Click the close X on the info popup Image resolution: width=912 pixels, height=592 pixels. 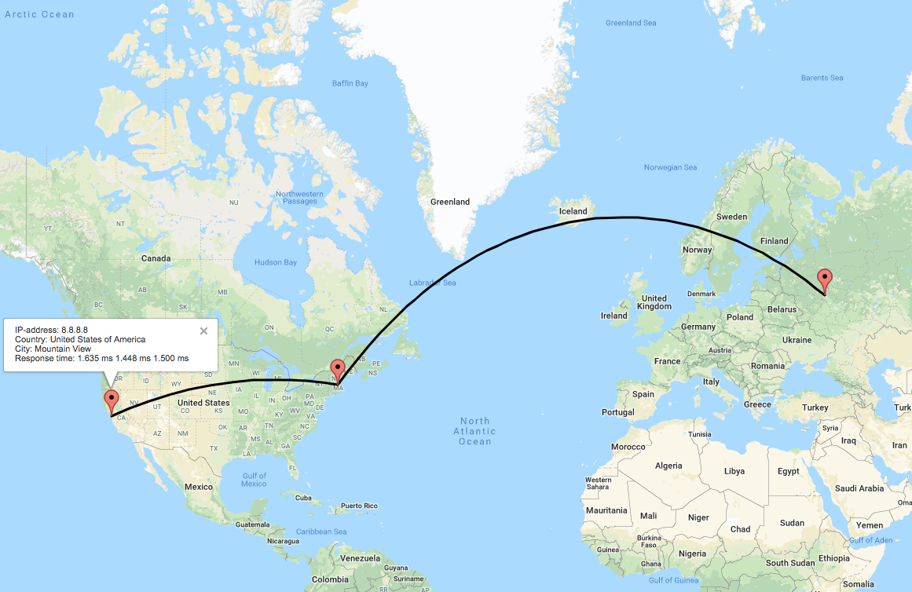point(203,331)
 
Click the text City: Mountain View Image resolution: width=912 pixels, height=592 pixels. point(53,349)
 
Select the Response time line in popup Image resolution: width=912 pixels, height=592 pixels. point(101,358)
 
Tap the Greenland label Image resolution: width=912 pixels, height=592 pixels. point(450,202)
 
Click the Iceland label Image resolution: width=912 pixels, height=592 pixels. point(573,211)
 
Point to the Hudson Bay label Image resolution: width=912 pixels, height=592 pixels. point(275,262)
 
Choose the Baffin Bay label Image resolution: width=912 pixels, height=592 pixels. point(350,83)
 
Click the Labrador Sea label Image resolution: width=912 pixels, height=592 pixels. point(432,283)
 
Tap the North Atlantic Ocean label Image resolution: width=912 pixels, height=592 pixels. point(475,431)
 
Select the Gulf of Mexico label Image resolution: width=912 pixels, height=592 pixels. point(254,480)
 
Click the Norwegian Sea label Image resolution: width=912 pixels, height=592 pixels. point(670,167)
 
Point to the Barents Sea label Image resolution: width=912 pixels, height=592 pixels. point(822,78)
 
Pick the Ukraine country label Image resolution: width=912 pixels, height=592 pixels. point(797,340)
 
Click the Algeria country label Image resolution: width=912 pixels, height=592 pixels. point(668,466)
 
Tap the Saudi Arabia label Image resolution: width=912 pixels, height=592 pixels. point(860,488)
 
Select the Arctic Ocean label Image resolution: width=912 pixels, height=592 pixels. point(39,14)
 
